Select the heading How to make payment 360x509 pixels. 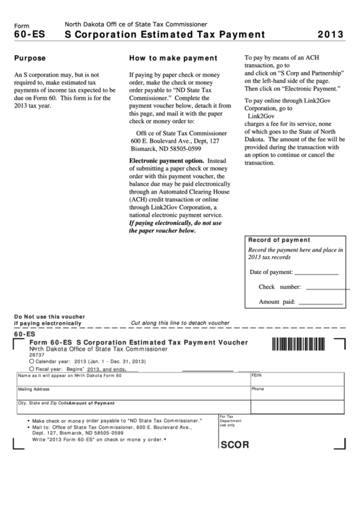point(173,58)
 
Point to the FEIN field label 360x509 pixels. point(256,375)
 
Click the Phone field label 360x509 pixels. point(257,389)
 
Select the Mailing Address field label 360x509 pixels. point(33,389)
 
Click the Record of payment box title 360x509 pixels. point(279,240)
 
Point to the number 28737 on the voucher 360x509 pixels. point(36,355)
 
